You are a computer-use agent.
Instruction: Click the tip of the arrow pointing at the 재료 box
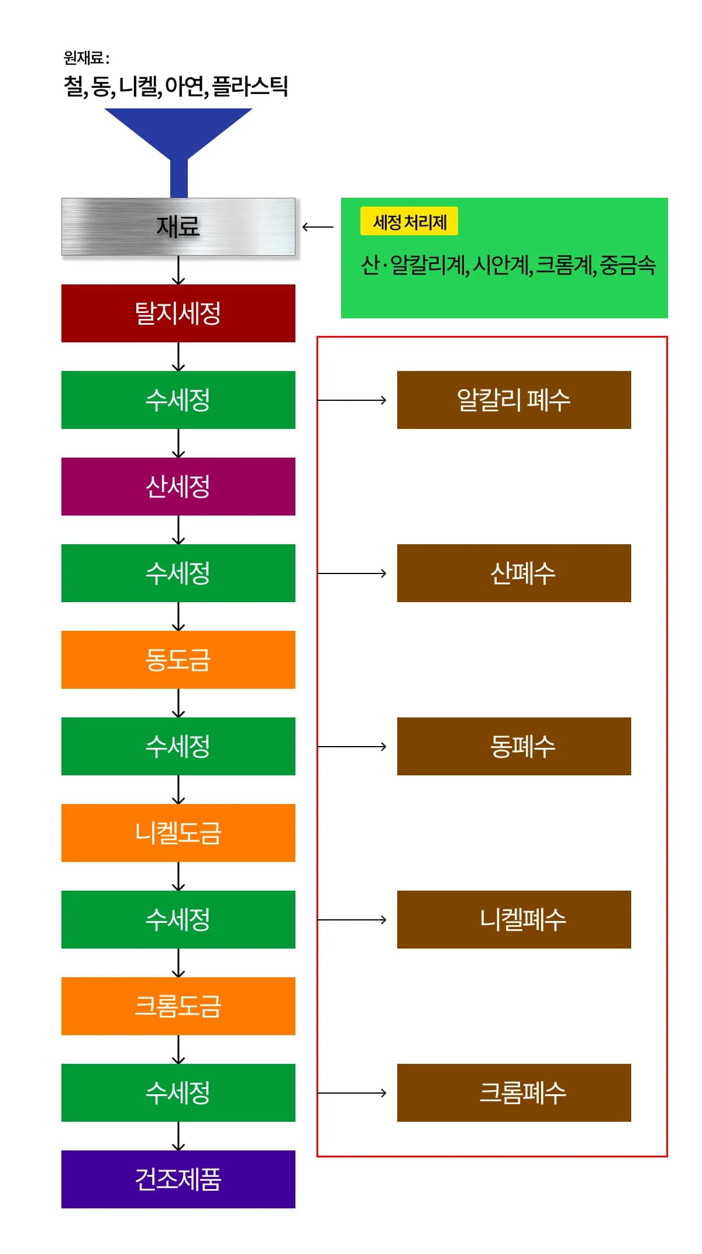[302, 227]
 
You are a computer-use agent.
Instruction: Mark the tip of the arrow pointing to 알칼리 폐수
[387, 400]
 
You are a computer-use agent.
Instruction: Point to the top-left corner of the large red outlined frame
[317, 336]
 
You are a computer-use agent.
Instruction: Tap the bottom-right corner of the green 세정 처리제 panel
[668, 318]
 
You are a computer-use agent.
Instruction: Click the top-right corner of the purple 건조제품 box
[295, 1150]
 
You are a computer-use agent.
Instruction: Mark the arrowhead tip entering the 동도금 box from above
[178, 630]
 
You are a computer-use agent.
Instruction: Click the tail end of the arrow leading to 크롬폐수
[318, 1093]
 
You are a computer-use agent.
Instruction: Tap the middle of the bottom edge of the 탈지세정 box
[178, 342]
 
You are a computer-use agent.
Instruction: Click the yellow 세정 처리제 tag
[409, 222]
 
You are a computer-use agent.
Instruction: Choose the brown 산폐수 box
[514, 573]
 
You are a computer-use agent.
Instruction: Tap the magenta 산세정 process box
[178, 487]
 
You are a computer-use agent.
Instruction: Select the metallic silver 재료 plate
[178, 227]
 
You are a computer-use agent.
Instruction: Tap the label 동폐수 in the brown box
[522, 747]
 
